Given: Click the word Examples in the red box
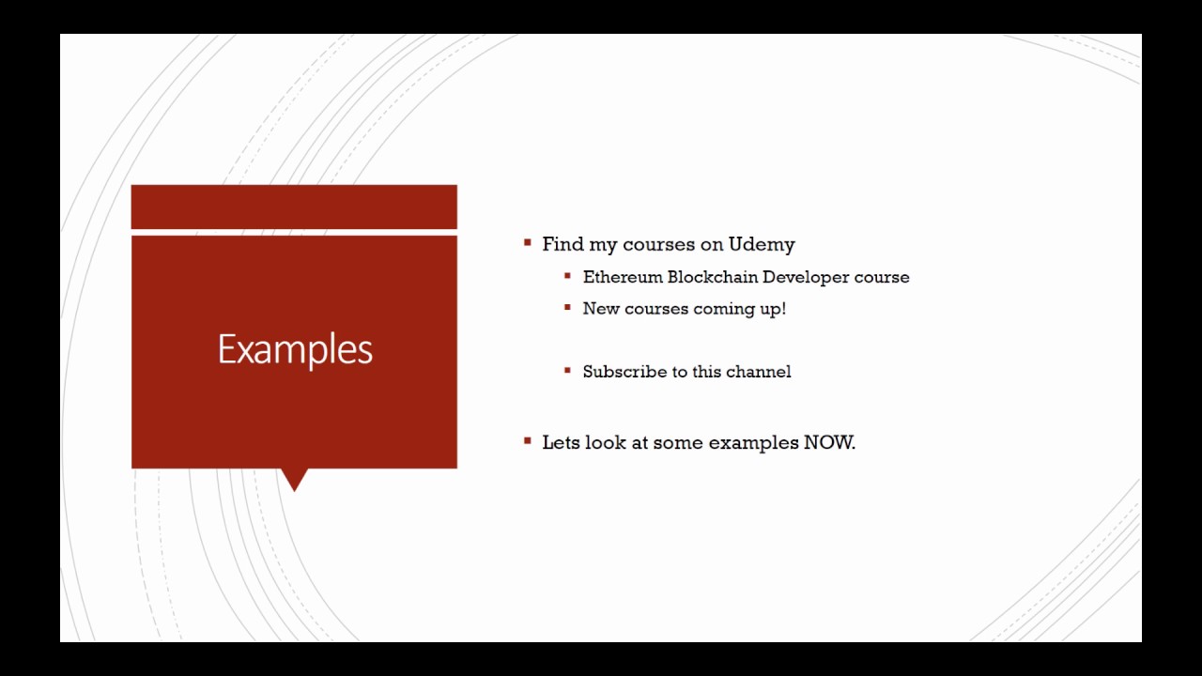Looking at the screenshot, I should click(295, 349).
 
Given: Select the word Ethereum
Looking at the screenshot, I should click(622, 277).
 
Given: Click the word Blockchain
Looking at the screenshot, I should click(712, 277).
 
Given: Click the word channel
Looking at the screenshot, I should click(759, 372).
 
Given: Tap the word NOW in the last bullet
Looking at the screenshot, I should click(828, 442).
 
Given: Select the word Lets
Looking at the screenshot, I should click(561, 442).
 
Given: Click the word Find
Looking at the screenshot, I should click(562, 244).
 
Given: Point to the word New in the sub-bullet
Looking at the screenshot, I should click(600, 309).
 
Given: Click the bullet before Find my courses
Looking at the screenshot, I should click(528, 243).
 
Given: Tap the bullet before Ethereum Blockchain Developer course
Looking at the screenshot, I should click(568, 276).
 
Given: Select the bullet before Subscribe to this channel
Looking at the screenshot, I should click(568, 371).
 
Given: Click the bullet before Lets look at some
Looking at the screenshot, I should click(528, 440).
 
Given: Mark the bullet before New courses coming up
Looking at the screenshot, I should click(568, 307).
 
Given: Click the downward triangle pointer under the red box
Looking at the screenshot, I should click(294, 479).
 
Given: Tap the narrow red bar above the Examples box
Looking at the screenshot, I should click(294, 207).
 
